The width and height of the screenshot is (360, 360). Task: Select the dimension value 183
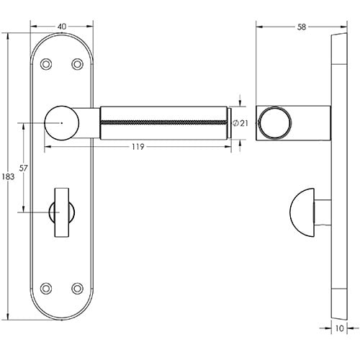point(9,177)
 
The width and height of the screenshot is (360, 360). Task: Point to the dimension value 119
point(138,147)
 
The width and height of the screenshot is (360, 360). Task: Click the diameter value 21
point(243,124)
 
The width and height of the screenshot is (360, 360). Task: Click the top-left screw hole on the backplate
point(45,64)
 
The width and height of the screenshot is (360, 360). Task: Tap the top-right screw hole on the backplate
point(77,64)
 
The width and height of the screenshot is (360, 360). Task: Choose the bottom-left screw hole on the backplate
point(45,289)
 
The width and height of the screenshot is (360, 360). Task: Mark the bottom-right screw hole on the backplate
point(77,289)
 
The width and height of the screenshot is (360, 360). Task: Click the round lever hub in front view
point(60,123)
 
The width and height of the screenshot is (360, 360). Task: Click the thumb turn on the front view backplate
point(60,210)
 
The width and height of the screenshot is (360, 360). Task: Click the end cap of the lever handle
point(229,123)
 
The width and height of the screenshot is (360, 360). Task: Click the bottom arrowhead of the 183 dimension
point(9,317)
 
